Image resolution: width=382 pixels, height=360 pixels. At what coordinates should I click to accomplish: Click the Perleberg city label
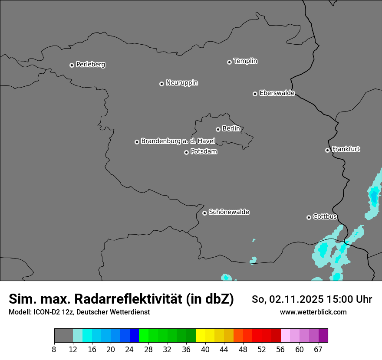click(x=90, y=65)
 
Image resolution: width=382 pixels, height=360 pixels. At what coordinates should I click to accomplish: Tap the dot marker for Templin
click(x=229, y=62)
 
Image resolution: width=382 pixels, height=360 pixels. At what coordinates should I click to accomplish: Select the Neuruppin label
click(x=181, y=83)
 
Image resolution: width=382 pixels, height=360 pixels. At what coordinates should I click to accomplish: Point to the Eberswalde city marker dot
click(x=255, y=94)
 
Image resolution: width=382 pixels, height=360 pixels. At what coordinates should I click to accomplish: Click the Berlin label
click(x=231, y=129)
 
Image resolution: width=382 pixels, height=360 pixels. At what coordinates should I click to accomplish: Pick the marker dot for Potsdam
click(x=186, y=152)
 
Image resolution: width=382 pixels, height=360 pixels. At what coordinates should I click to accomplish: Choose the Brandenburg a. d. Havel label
click(x=178, y=141)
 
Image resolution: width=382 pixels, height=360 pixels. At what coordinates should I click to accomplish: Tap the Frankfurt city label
click(x=346, y=149)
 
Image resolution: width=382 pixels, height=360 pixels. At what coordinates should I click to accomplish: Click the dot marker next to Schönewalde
click(x=204, y=213)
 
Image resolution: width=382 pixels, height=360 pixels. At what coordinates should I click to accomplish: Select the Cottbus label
click(x=325, y=216)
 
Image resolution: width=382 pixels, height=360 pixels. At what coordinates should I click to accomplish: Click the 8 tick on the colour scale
click(x=54, y=349)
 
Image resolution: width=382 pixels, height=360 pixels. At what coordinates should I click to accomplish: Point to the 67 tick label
click(x=318, y=349)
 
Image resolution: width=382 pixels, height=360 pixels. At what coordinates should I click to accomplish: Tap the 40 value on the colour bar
click(x=205, y=349)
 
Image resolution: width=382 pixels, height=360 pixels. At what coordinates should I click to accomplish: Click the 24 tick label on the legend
click(x=129, y=349)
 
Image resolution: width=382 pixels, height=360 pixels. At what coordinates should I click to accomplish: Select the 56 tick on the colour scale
click(x=281, y=349)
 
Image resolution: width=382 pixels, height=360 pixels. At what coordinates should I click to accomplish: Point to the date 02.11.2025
click(x=296, y=299)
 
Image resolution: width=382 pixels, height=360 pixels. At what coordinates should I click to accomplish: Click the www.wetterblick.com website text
click(x=313, y=312)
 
